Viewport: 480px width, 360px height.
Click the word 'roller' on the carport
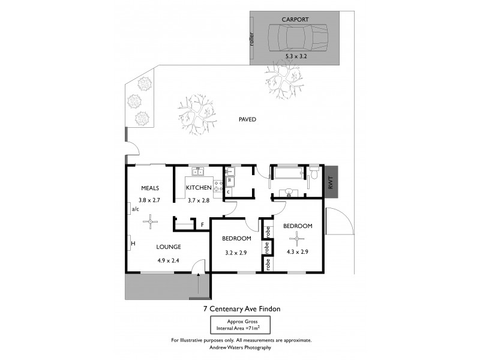[x=253, y=39]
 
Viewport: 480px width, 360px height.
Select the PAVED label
[x=247, y=119]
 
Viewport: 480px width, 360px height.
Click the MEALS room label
[x=150, y=188]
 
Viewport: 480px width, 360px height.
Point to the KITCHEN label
[x=199, y=188]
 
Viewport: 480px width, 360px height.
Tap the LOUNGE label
[x=169, y=247]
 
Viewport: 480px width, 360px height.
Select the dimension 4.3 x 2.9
[x=297, y=252]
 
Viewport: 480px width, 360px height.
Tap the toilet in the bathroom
[x=314, y=175]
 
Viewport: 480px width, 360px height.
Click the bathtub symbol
[x=289, y=175]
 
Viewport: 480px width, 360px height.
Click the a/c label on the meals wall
[x=135, y=209]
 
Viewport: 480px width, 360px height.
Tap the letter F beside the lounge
[x=203, y=225]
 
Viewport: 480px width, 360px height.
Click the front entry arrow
[x=198, y=282]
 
